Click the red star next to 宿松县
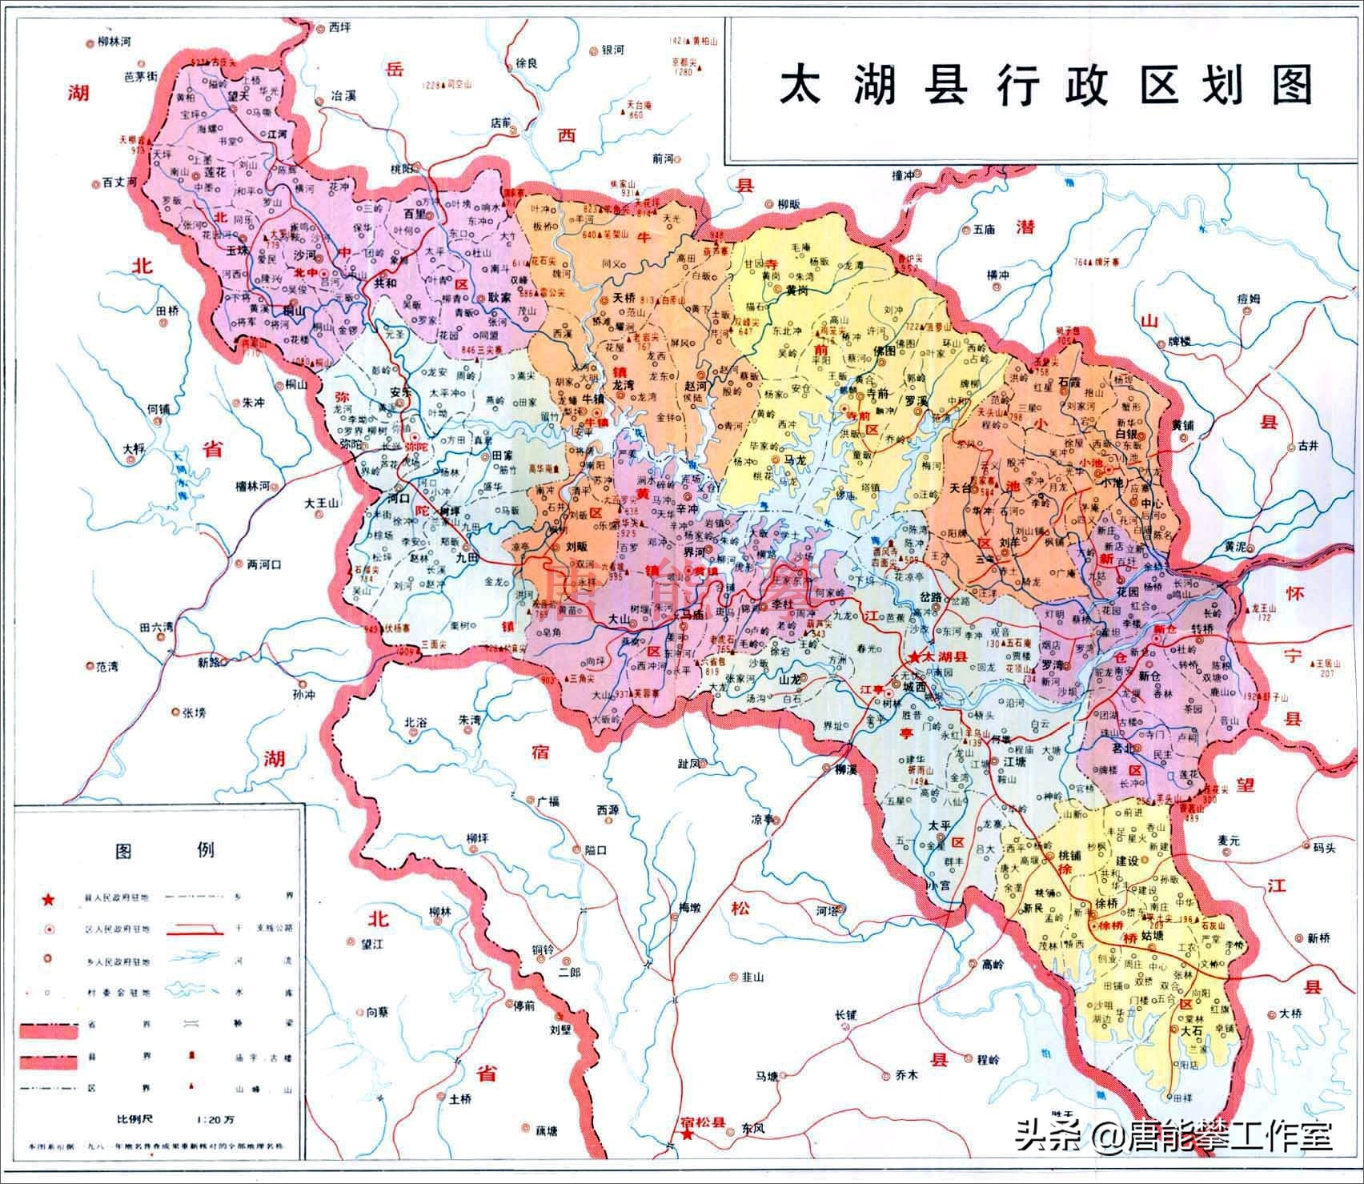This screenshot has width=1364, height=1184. coord(686,1135)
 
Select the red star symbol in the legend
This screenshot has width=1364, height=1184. coord(49,901)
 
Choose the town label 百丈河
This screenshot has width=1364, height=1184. coord(120,183)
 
